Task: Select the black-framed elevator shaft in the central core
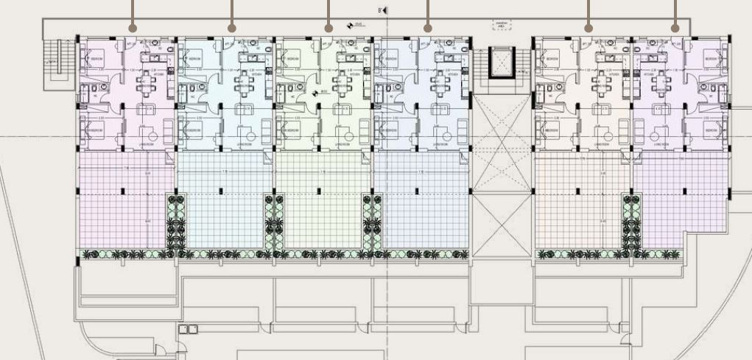point(501,63)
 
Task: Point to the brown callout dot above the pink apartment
point(133,28)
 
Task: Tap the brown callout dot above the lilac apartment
point(675,28)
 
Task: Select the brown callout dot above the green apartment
point(329,28)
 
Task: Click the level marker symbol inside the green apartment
point(316,93)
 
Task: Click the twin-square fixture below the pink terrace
point(189,329)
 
